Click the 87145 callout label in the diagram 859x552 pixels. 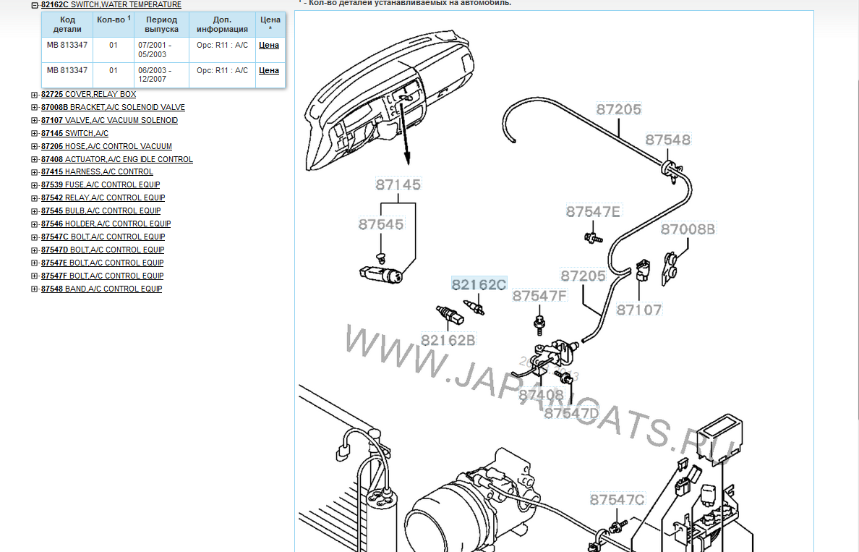(398, 184)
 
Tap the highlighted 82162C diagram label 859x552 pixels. (479, 284)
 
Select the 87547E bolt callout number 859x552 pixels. (594, 211)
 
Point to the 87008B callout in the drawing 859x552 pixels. (688, 229)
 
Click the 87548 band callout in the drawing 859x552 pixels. (668, 140)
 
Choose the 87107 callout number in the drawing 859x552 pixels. (639, 310)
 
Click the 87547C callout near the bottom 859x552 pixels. (617, 499)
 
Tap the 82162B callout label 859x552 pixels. (448, 341)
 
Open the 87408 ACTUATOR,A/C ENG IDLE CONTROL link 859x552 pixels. (116, 159)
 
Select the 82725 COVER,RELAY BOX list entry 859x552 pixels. (89, 94)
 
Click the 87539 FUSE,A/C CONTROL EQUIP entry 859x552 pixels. (101, 184)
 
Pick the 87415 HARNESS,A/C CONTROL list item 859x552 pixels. (97, 171)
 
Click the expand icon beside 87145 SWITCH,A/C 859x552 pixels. (35, 133)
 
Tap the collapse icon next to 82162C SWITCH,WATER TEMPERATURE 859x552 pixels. (35, 5)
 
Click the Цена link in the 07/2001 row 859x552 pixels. (269, 45)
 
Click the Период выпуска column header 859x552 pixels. (162, 24)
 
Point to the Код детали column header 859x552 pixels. (67, 24)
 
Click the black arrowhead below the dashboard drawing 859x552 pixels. (407, 159)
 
